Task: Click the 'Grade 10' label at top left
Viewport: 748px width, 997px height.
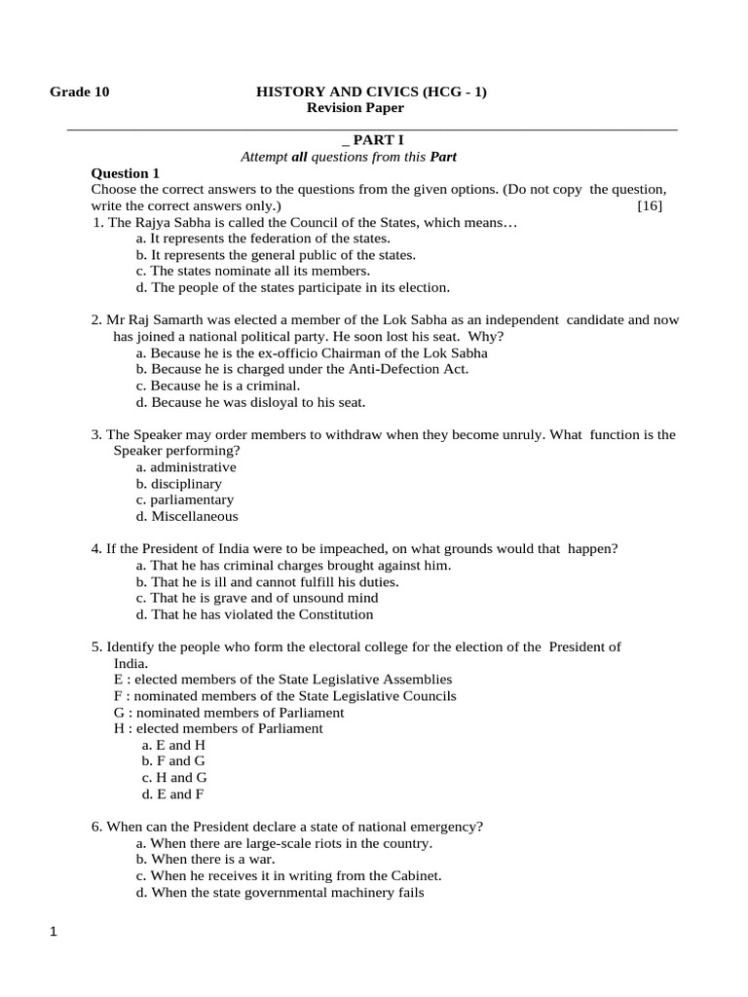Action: pyautogui.click(x=80, y=92)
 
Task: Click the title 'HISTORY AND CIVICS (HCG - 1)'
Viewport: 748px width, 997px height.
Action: pyautogui.click(x=371, y=92)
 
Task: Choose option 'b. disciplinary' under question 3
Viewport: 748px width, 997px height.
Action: pyautogui.click(x=179, y=484)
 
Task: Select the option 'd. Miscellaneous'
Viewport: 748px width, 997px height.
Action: pyautogui.click(x=187, y=517)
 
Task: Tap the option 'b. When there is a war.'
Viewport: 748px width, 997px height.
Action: pyautogui.click(x=206, y=860)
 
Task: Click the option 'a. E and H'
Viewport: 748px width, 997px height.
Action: pyautogui.click(x=173, y=745)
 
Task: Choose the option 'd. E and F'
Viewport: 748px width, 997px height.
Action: pyautogui.click(x=173, y=794)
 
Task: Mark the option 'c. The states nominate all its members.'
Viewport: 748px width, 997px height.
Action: pyautogui.click(x=253, y=271)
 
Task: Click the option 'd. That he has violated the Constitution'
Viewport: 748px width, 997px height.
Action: pyautogui.click(x=255, y=614)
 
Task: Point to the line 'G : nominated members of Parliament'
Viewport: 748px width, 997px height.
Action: pyautogui.click(x=229, y=712)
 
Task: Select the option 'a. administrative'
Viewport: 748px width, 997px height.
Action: pyautogui.click(x=186, y=467)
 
